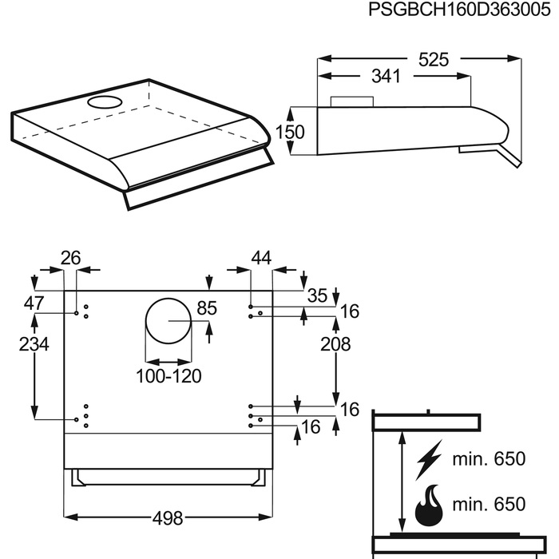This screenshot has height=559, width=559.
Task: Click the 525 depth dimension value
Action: pos(432,59)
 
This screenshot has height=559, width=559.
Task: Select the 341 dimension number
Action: pos(387,77)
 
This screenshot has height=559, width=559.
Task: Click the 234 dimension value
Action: pos(33,344)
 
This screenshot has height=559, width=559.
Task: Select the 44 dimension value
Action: pos(261,258)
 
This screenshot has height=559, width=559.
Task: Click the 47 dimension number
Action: pos(33,303)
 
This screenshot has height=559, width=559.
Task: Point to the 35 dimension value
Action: pos(318,295)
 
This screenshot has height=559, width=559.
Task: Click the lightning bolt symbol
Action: pos(430,462)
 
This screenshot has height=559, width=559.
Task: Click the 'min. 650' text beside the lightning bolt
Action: pos(488,459)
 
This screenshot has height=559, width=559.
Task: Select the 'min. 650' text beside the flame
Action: pos(488,504)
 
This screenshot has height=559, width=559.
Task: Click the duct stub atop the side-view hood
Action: pos(351,102)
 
